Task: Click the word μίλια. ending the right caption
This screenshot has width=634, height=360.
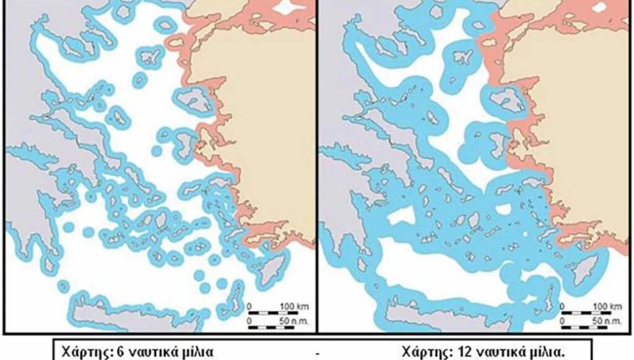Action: tap(548, 352)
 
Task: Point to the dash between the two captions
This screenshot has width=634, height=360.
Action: tap(317, 353)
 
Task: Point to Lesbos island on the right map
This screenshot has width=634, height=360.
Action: tap(508, 100)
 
